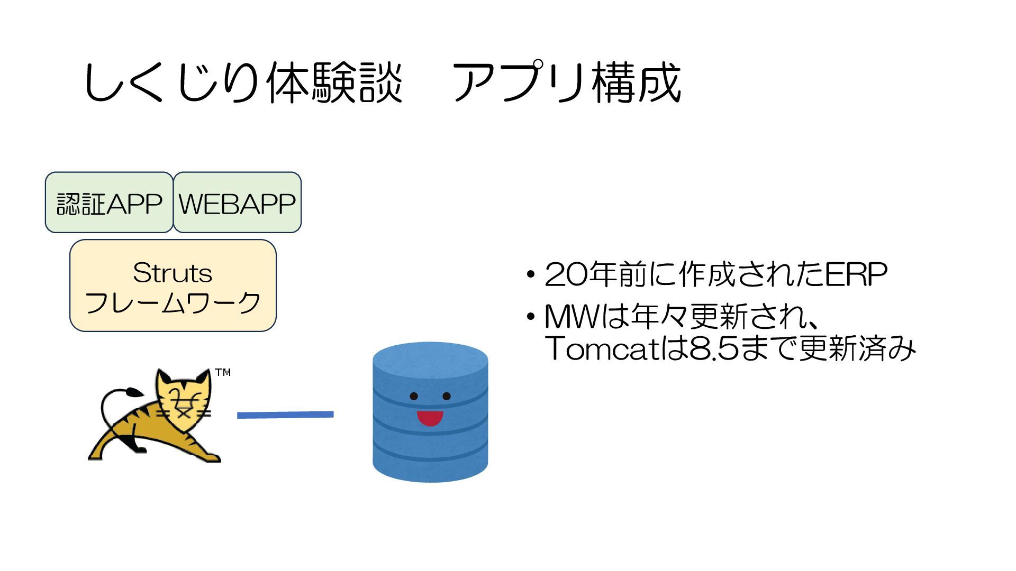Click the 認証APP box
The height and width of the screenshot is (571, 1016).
pyautogui.click(x=109, y=202)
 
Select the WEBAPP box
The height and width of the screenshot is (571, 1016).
pyautogui.click(x=237, y=202)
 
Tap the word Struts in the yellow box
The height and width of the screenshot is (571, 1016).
pyautogui.click(x=173, y=273)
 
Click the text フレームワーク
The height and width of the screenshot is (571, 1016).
pyautogui.click(x=173, y=303)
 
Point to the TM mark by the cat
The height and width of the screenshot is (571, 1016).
pyautogui.click(x=223, y=373)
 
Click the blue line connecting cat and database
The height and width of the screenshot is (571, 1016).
pyautogui.click(x=285, y=415)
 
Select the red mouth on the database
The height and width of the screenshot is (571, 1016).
pyautogui.click(x=430, y=418)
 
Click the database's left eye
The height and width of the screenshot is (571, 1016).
pyautogui.click(x=414, y=397)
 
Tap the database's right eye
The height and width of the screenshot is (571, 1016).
pyautogui.click(x=447, y=397)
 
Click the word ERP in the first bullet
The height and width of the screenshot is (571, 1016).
pyautogui.click(x=856, y=274)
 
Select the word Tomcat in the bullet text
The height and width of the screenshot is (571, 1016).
pyautogui.click(x=598, y=348)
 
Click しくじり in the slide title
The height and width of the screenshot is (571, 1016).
pyautogui.click(x=171, y=84)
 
